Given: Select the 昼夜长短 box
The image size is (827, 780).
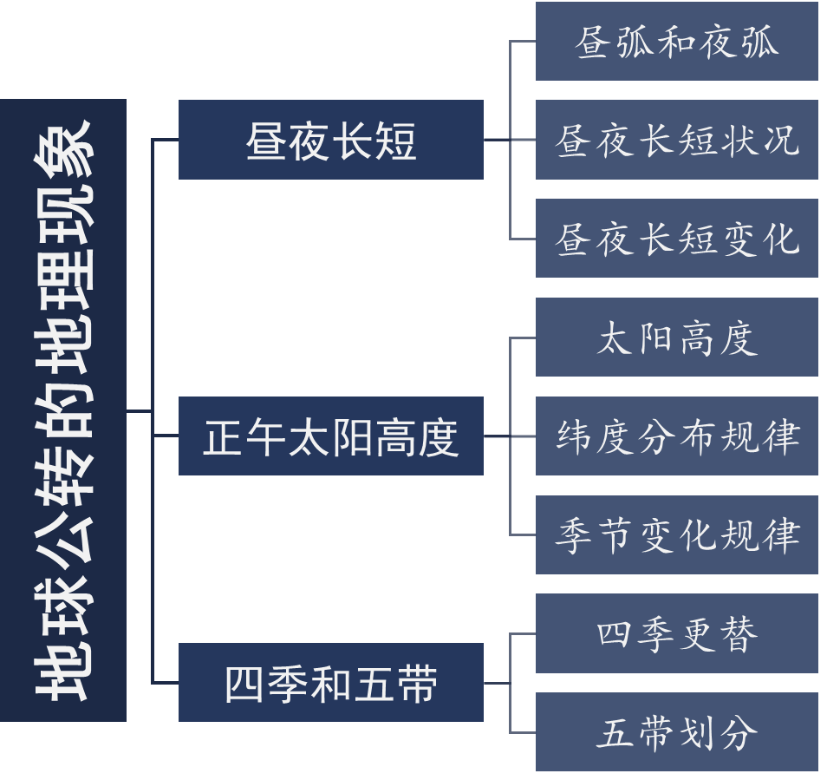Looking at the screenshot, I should point(330,140).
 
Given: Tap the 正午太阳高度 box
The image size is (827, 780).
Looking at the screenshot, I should point(330,436).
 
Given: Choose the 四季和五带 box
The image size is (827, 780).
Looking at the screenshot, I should point(330,683).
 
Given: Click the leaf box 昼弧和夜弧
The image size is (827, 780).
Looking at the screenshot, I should point(676,42).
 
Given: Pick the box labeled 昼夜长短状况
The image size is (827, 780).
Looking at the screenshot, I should point(676,140).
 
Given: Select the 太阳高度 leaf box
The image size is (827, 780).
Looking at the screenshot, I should point(676,338).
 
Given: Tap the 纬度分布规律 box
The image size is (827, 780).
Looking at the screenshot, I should point(676,436).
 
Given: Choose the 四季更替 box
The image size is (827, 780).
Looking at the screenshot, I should point(676,634).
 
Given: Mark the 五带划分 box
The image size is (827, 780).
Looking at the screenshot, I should point(676,732).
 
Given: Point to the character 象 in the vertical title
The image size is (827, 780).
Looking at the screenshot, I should point(62,146).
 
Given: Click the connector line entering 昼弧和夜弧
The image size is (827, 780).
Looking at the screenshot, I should point(523,41).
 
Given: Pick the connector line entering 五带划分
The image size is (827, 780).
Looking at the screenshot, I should point(523,732).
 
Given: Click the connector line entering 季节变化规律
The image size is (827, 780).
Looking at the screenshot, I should point(523,534).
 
